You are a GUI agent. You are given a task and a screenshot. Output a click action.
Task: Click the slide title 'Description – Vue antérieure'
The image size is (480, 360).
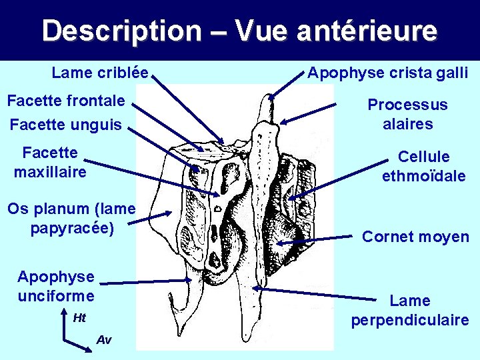pyautogui.click(x=239, y=31)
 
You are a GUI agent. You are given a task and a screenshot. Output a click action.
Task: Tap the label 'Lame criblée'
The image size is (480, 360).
pyautogui.click(x=100, y=72)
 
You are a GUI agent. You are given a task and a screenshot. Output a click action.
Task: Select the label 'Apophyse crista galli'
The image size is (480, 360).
pyautogui.click(x=387, y=72)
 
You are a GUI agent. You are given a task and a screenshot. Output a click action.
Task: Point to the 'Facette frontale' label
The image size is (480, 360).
pyautogui.click(x=65, y=101)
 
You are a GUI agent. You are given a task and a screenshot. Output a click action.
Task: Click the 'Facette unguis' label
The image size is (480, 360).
pyautogui.click(x=66, y=124)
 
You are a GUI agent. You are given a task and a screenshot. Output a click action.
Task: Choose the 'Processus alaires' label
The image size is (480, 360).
pyautogui.click(x=407, y=114)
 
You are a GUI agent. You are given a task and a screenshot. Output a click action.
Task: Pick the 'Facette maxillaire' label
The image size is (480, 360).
pyautogui.click(x=50, y=163)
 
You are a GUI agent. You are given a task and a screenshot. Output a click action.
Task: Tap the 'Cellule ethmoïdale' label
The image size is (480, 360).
pyautogui.click(x=423, y=166)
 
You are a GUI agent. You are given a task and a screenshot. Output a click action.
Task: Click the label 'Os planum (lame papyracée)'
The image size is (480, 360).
pyautogui.click(x=72, y=218)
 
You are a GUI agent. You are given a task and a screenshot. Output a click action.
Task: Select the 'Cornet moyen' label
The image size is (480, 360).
pyautogui.click(x=415, y=237)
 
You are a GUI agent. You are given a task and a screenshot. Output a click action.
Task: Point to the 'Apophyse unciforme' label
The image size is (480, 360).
pyautogui.click(x=56, y=285)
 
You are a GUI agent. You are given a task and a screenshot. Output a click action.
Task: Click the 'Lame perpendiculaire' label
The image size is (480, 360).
pyautogui.click(x=409, y=310)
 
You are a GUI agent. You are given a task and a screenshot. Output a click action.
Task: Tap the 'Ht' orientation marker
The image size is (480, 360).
pyautogui.click(x=79, y=318)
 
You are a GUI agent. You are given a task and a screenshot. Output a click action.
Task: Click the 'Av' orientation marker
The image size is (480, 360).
pyautogui.click(x=104, y=340)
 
